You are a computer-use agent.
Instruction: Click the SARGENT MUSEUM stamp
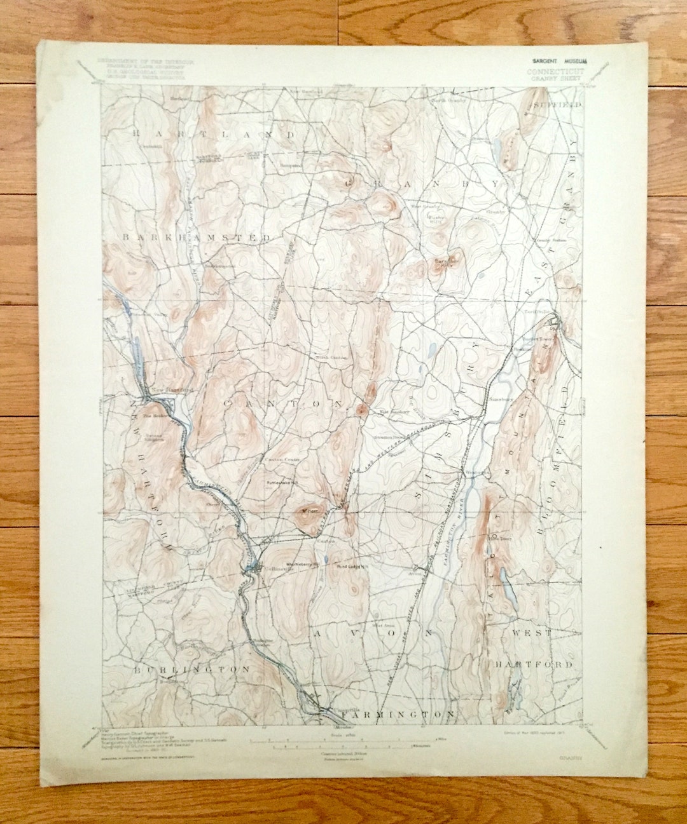click(x=560, y=61)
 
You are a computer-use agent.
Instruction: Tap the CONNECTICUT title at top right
click(x=555, y=72)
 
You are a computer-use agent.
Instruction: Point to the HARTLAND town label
click(x=214, y=134)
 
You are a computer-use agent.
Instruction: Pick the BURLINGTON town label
click(x=191, y=670)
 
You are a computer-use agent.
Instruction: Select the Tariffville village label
click(x=537, y=312)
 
